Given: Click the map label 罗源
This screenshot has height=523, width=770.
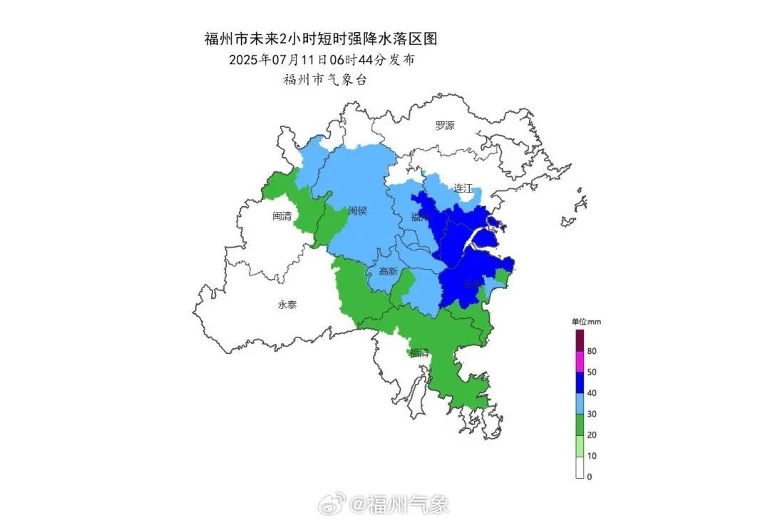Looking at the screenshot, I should [x=445, y=126].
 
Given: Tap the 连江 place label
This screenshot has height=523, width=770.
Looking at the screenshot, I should [x=463, y=188].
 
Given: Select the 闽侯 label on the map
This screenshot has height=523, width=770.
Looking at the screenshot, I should [x=357, y=211].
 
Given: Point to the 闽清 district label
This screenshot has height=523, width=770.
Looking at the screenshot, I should [x=282, y=215].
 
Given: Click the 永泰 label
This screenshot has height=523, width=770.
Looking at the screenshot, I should [x=287, y=305].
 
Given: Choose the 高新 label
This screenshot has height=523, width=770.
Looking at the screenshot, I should [x=388, y=272].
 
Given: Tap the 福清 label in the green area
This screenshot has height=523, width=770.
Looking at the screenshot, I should [x=419, y=352].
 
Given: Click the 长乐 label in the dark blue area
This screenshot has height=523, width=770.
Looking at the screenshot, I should [x=471, y=284].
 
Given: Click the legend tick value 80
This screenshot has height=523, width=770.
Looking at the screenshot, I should [x=592, y=351].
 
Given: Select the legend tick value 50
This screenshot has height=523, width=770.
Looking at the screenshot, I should [x=592, y=372].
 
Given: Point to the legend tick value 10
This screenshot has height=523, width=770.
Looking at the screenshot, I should [x=592, y=456].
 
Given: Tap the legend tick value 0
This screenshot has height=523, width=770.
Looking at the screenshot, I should [x=589, y=477].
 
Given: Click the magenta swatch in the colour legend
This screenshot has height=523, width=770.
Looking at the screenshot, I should [x=580, y=362].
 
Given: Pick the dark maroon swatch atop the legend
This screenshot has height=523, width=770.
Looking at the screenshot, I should [x=580, y=340].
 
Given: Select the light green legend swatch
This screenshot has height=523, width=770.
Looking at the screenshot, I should [x=580, y=445].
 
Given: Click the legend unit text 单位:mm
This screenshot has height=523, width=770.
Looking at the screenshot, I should [x=586, y=322].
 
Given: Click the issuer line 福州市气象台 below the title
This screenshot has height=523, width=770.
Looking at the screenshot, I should [x=324, y=80].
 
